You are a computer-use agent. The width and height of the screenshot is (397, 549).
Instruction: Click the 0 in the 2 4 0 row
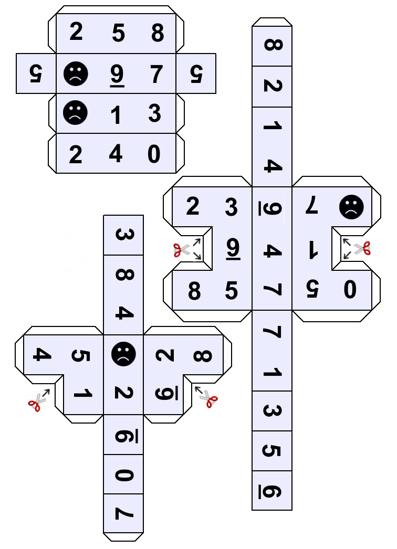point(154,154)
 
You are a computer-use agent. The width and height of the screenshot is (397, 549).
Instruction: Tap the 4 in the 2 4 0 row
point(116,154)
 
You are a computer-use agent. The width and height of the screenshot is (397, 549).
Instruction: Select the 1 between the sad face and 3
point(116,114)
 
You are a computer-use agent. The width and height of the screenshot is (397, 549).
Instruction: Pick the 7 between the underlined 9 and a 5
point(156,74)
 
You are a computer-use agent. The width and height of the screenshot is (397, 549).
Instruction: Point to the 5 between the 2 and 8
point(119,34)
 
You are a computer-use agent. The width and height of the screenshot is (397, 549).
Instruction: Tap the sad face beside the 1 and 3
point(76,113)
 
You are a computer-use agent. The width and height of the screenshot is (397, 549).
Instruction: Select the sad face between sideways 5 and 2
point(123,354)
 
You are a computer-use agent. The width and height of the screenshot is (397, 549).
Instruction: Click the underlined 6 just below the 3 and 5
point(273,492)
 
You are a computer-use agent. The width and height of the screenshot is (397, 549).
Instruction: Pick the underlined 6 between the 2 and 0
point(123,435)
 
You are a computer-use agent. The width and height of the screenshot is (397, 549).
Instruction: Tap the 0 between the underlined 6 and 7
point(123,475)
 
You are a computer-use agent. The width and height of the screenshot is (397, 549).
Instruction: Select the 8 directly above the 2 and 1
point(273,46)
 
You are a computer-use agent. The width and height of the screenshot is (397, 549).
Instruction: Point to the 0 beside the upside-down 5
point(349,290)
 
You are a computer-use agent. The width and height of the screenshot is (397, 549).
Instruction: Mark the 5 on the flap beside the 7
point(195,74)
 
